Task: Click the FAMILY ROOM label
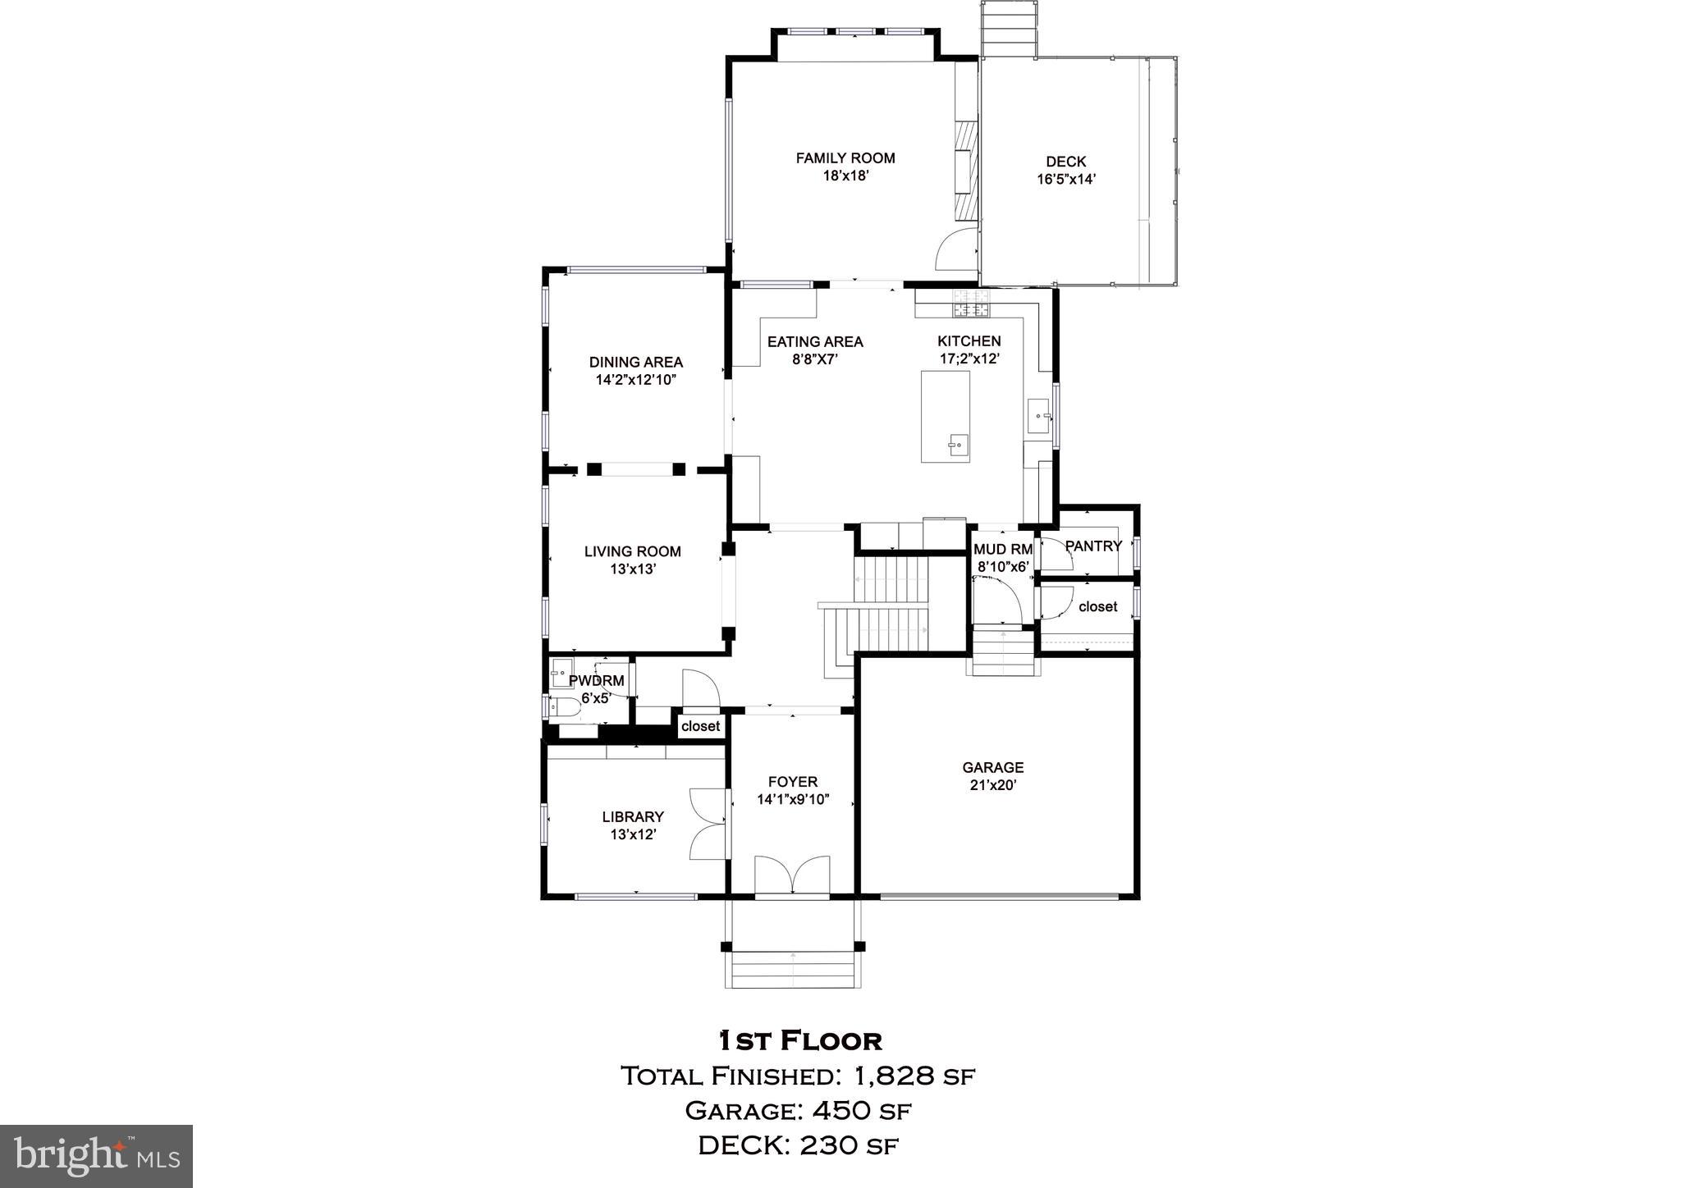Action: pos(845,158)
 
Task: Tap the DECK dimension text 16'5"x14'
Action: pos(1065,180)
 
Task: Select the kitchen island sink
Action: pos(955,445)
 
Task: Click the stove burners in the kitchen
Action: pos(971,304)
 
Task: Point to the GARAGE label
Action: pos(992,767)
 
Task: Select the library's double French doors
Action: pos(708,823)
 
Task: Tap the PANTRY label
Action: pos(1092,546)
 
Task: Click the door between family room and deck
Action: pos(957,250)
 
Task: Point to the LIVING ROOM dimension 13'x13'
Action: pos(632,569)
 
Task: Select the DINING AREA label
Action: pos(635,362)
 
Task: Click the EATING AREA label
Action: pos(814,341)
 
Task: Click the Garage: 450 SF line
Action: pos(798,1111)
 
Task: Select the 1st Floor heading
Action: pos(799,1040)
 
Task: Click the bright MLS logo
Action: pos(96,1156)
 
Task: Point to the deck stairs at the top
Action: pos(1008,29)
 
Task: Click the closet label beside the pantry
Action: pos(1097,606)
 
